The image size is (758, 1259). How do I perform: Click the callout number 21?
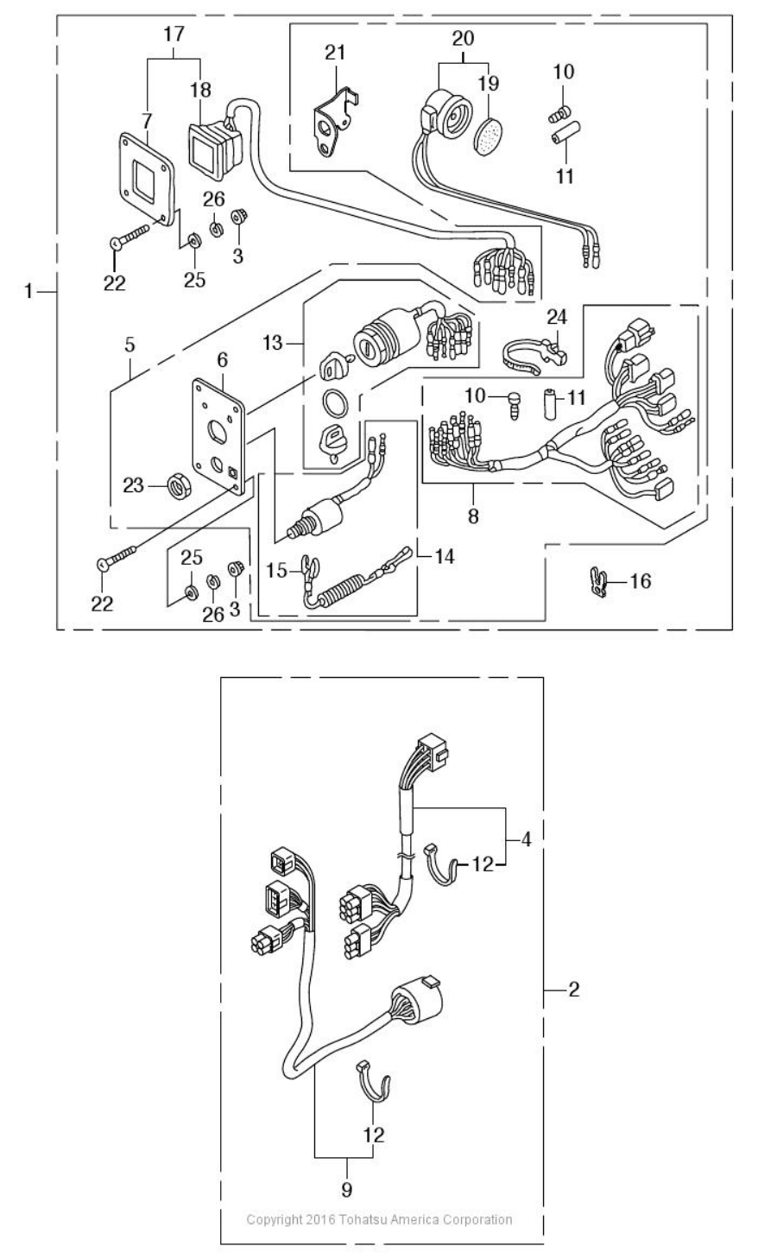(336, 53)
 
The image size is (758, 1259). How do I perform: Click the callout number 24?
(557, 317)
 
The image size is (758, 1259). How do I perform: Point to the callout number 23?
(134, 485)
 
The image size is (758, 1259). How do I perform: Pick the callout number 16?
(641, 581)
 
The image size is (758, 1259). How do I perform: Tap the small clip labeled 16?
(600, 582)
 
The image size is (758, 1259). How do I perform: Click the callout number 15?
(276, 571)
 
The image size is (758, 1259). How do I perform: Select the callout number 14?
(444, 557)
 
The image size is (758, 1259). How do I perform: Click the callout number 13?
(273, 342)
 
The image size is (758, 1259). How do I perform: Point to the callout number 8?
(473, 516)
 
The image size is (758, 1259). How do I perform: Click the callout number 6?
(223, 360)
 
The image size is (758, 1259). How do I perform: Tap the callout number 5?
(130, 345)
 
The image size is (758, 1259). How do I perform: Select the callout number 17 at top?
(174, 35)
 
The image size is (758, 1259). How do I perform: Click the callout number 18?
(200, 90)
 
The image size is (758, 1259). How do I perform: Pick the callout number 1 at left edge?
(28, 292)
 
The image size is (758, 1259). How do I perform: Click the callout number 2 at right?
(574, 990)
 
